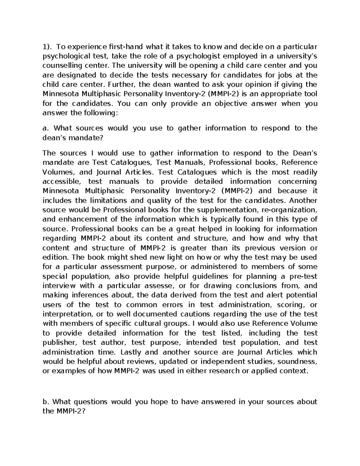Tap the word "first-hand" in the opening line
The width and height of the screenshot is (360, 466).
pos(124,47)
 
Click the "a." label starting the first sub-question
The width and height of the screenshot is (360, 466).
pos(46,128)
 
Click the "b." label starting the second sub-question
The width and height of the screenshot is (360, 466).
pos(46,401)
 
